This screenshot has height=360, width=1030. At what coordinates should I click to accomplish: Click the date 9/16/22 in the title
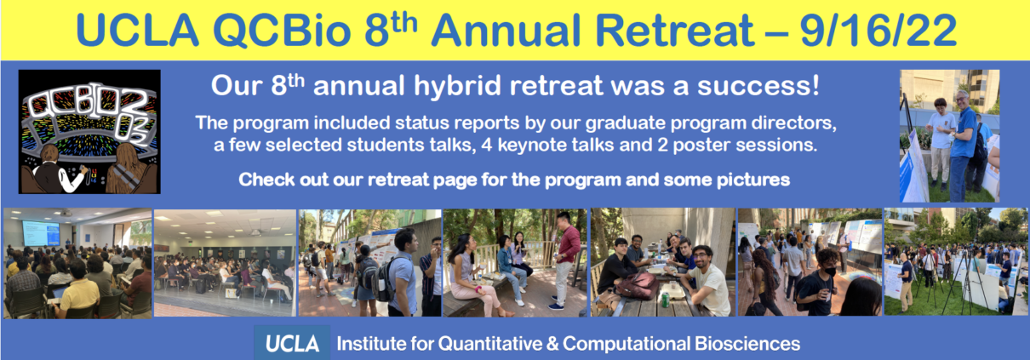878,31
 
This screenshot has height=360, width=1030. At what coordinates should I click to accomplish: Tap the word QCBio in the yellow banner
282,31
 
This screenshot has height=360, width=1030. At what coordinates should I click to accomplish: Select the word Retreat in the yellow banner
674,31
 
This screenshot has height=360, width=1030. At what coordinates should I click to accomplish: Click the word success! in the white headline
758,86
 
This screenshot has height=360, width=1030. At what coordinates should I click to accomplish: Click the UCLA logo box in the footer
292,343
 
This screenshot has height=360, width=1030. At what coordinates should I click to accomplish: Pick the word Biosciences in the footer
747,344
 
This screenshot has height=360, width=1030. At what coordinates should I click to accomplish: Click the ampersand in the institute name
553,344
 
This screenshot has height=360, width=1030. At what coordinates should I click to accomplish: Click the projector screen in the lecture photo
42,232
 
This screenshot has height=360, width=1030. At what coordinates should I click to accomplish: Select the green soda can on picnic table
665,300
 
